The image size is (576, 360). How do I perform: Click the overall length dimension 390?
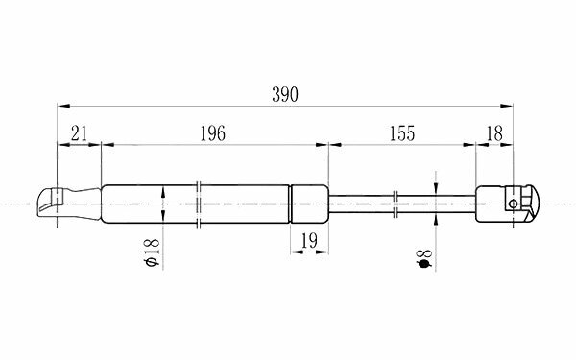click(285, 94)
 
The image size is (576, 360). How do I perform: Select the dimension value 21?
click(80, 133)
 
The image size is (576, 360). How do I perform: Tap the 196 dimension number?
click(212, 133)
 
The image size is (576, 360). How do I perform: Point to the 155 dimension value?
click(402, 133)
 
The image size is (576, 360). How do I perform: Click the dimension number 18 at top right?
click(494, 133)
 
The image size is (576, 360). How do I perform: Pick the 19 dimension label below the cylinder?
click(309, 241)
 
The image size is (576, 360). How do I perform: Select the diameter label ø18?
click(153, 252)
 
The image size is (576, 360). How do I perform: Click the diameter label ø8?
click(424, 258)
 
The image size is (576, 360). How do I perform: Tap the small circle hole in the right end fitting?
click(514, 204)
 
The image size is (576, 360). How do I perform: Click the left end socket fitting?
click(51, 203)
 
